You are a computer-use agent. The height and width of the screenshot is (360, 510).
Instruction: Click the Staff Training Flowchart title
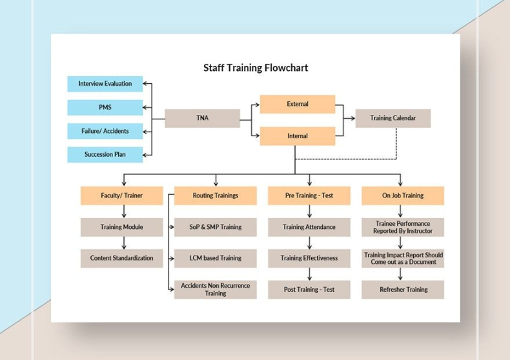(256, 68)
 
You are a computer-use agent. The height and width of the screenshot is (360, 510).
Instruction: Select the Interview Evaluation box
(105, 84)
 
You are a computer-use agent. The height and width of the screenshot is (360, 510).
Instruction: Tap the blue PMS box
(105, 107)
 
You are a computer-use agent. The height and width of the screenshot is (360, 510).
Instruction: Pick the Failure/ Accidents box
(105, 131)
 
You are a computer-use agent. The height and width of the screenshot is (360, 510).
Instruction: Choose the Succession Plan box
(105, 155)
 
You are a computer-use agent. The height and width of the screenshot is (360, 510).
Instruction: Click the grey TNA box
(202, 118)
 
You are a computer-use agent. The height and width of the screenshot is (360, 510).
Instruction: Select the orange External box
(297, 104)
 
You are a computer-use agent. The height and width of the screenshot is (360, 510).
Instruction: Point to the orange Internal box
(297, 136)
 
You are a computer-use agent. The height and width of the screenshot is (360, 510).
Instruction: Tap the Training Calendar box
(393, 118)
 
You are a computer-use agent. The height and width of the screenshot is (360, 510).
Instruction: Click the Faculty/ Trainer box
(121, 195)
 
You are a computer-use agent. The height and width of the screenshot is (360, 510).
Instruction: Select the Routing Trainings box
(215, 195)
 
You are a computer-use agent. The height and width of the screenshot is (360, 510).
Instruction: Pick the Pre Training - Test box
(309, 195)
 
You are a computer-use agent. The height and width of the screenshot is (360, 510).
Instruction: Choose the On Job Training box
(402, 195)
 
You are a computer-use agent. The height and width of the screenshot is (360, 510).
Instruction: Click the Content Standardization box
(121, 258)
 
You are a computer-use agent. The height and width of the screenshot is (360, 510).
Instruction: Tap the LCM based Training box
(215, 258)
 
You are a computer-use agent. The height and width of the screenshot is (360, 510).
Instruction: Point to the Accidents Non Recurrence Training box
(215, 289)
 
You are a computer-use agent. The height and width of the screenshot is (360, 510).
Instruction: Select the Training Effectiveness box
(309, 258)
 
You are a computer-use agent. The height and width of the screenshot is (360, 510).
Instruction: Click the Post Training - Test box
(309, 290)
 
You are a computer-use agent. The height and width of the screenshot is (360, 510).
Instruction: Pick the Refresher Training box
(403, 290)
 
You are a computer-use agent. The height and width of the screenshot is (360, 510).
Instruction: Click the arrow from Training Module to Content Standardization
(123, 243)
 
